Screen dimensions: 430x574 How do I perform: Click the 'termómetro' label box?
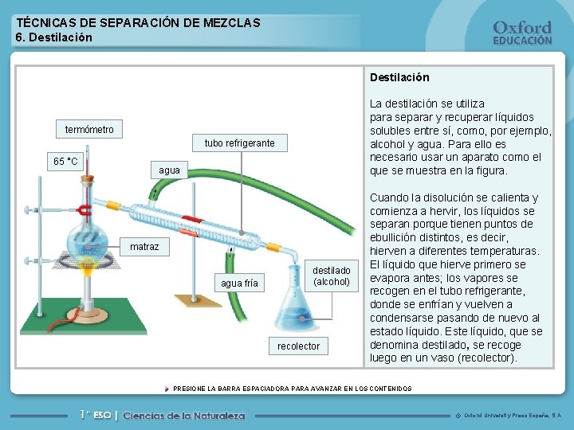tap(89, 130)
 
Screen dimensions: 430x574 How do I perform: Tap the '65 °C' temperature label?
tap(65, 162)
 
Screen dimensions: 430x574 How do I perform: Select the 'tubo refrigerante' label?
tap(239, 143)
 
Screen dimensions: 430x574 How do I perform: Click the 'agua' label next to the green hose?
tap(169, 170)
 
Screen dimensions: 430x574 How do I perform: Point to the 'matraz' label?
tap(144, 247)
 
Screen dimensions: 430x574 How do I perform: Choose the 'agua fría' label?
tap(239, 283)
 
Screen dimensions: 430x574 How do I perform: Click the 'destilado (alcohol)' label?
tap(331, 276)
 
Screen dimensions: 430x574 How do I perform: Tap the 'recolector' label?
tap(298, 346)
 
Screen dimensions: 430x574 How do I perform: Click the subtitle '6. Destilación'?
tap(54, 37)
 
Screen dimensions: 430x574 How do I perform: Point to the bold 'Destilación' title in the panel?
tap(399, 77)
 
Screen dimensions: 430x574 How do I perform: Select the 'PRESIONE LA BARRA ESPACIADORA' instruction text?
tap(293, 389)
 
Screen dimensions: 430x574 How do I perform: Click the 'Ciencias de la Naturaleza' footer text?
tap(184, 415)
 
